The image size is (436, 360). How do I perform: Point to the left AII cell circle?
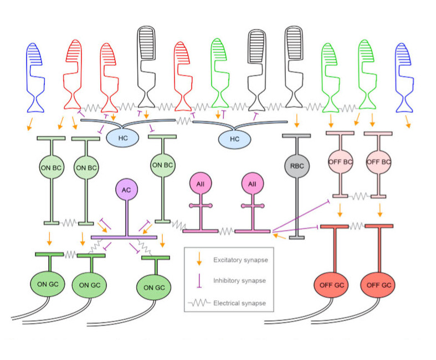pyautogui.click(x=201, y=184)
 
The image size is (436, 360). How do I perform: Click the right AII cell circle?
pyautogui.click(x=252, y=184)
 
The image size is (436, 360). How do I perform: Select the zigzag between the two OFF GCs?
pyautogui.click(x=357, y=225)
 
